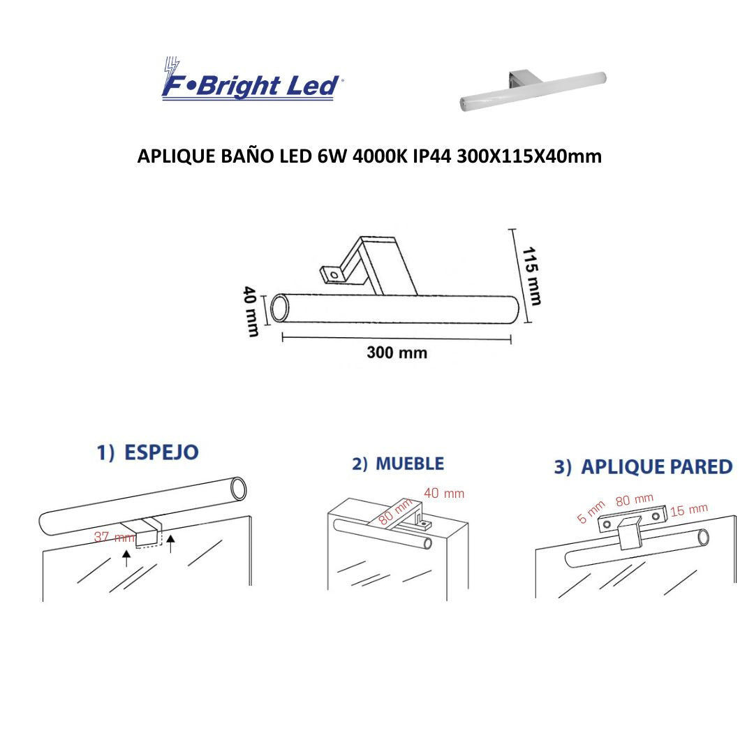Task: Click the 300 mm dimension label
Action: [x=397, y=353]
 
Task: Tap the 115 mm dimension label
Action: [x=531, y=276]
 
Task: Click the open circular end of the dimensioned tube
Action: [x=281, y=308]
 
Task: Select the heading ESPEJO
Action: [x=161, y=452]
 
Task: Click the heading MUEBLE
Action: [x=409, y=464]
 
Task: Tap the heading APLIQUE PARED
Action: [x=656, y=467]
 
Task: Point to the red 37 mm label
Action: [x=114, y=538]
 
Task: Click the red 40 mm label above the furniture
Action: [x=444, y=494]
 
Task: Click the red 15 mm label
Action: [x=688, y=510]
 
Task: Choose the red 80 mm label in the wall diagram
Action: [x=634, y=500]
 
